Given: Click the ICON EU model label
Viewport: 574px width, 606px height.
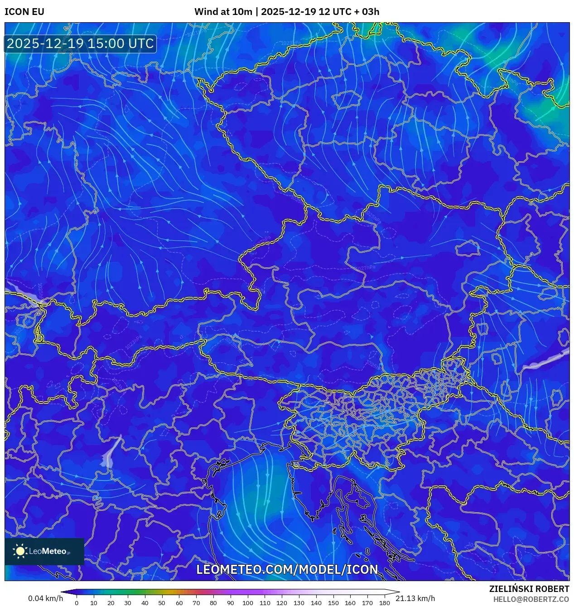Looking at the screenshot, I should [x=24, y=12].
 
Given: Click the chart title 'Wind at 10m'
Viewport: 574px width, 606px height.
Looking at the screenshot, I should [x=223, y=12].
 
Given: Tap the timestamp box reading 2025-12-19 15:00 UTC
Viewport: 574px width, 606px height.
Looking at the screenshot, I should [x=80, y=44].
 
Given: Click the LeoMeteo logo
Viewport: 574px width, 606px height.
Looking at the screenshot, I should [x=44, y=551].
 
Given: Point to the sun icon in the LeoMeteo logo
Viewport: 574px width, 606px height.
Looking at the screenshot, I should [x=20, y=551].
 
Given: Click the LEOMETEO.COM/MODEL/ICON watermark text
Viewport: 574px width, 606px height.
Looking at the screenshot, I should [x=287, y=569].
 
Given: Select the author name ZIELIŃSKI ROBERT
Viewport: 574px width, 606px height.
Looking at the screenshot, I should [x=529, y=589].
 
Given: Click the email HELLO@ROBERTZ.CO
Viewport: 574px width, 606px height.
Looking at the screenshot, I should [x=531, y=599].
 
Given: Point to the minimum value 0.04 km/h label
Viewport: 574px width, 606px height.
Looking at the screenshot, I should [x=45, y=598].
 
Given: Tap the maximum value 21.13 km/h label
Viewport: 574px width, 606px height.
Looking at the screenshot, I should [x=415, y=598].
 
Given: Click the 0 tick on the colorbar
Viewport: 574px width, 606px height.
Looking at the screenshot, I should [x=76, y=603].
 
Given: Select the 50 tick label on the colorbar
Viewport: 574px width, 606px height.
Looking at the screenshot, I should [x=162, y=603].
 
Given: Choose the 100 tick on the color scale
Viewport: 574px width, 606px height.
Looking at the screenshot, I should [x=247, y=603].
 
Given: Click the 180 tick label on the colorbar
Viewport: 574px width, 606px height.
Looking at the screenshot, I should [x=384, y=603].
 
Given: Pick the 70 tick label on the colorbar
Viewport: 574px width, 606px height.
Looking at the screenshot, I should [x=196, y=603].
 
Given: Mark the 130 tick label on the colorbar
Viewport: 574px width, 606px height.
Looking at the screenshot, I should [x=299, y=603].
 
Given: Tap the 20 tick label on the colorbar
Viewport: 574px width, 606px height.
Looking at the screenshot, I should [x=111, y=603].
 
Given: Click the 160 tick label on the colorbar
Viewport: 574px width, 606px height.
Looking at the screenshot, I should [x=350, y=603].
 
